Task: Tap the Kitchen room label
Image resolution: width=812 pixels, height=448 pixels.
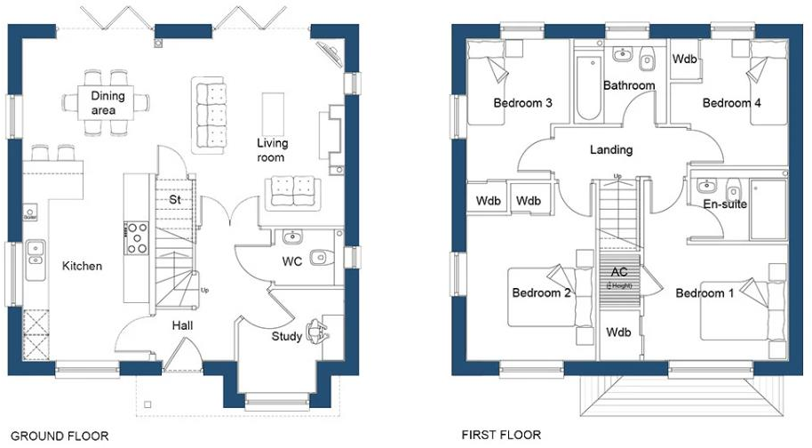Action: [82, 266]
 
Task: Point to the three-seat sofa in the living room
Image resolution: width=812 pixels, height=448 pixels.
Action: [209, 114]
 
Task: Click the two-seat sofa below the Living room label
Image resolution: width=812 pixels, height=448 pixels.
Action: [292, 190]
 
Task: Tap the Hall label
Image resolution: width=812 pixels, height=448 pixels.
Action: [182, 326]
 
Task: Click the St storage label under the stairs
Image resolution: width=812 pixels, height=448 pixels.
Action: [175, 200]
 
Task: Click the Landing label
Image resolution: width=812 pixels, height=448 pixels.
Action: [611, 150]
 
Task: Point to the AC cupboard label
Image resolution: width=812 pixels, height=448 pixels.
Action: [618, 272]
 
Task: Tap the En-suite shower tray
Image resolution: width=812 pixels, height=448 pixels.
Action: [768, 209]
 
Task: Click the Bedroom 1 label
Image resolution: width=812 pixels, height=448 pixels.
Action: [705, 293]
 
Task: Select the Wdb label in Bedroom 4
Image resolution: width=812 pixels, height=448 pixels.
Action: [684, 60]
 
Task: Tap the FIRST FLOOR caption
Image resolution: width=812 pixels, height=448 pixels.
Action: [501, 436]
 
